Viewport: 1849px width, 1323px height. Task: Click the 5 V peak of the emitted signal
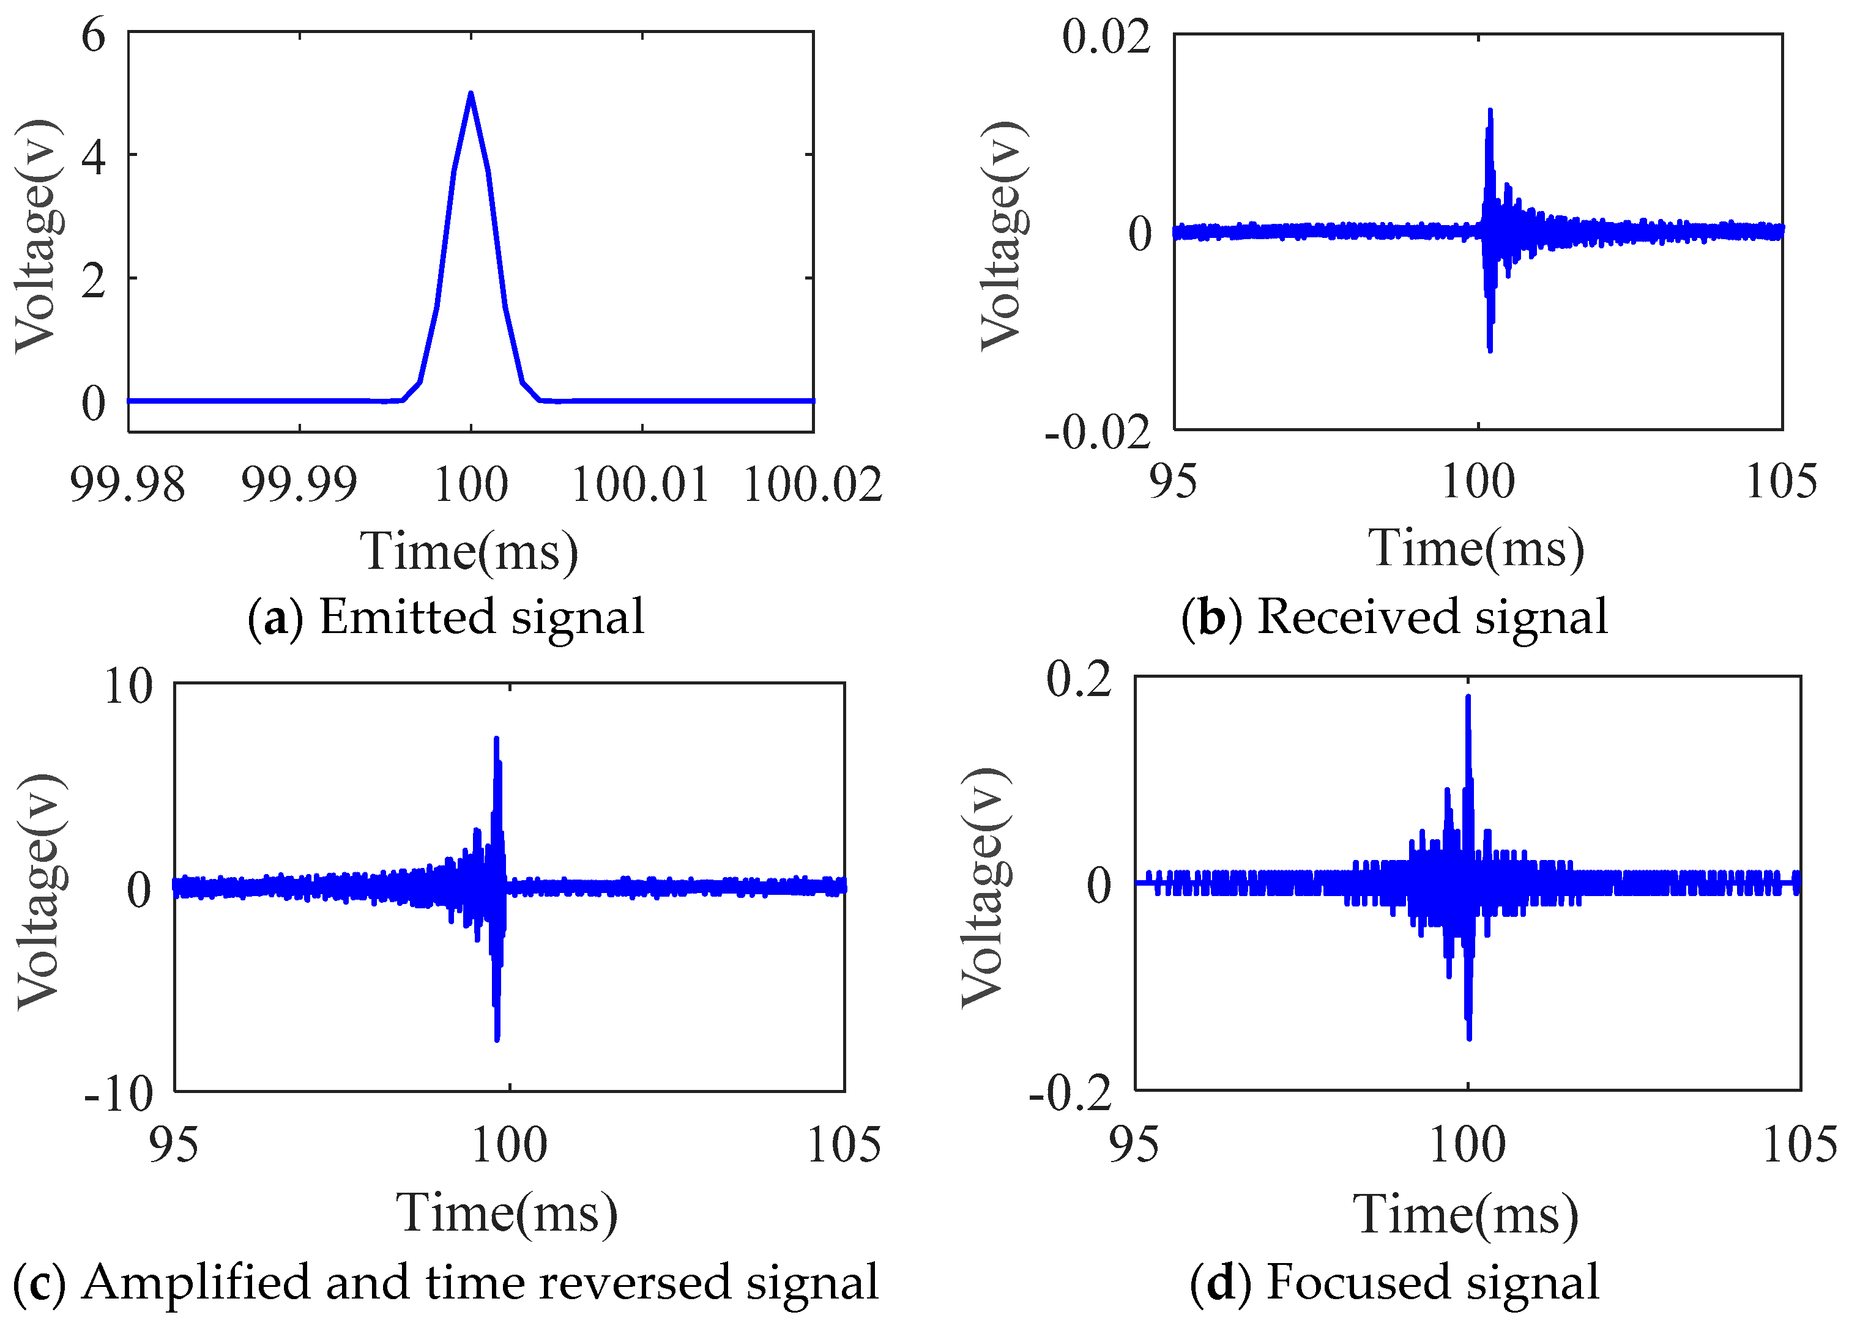pos(470,94)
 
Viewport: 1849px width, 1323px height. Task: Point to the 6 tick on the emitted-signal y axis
pos(94,36)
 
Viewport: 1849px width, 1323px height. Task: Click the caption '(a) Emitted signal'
pos(446,617)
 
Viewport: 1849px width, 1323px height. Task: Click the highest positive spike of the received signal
pos(1490,111)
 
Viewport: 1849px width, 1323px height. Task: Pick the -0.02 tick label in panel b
pos(1098,432)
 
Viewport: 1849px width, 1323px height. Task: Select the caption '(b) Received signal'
pos(1394,617)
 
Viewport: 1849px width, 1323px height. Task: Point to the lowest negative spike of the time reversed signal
pos(497,1039)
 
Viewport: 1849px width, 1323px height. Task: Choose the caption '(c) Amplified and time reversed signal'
pos(446,1282)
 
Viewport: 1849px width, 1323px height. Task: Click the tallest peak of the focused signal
pos(1468,697)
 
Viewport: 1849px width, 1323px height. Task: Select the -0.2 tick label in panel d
pos(1070,1093)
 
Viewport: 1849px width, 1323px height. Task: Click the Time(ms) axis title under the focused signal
pos(1466,1215)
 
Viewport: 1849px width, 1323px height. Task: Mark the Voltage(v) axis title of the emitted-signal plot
pos(37,236)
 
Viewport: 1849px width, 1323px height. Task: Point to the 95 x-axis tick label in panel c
pos(174,1144)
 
